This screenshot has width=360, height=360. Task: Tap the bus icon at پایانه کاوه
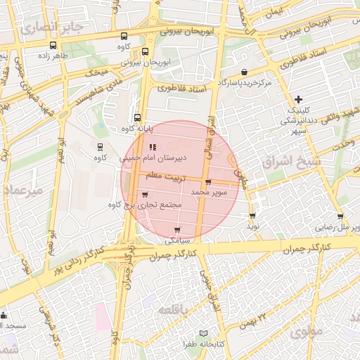tap(136, 118)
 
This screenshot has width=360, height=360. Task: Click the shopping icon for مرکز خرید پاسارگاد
tap(244, 72)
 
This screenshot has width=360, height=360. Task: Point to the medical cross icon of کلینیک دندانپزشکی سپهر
tap(299, 99)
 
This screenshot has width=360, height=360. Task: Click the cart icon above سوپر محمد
tap(207, 181)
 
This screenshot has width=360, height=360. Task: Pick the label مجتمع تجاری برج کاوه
tap(146, 205)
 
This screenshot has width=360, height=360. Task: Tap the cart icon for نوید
tap(252, 215)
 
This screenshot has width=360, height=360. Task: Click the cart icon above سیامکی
tap(177, 229)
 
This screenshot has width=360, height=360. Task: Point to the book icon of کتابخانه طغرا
tap(204, 333)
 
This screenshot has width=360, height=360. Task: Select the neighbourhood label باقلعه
tap(173, 310)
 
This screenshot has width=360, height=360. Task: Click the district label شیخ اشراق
tap(286, 162)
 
